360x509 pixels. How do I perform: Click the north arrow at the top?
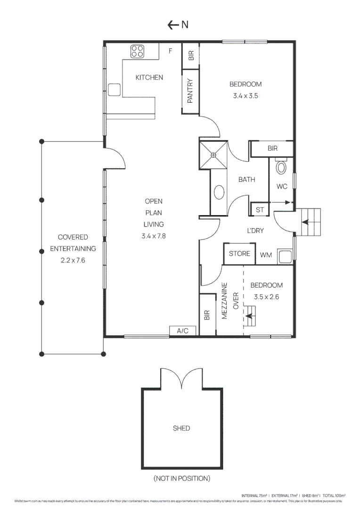178,25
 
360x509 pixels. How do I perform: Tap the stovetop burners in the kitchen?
138,51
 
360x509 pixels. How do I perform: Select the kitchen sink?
115,90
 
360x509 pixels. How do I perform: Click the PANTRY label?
190,90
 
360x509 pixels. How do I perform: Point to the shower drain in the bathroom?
213,155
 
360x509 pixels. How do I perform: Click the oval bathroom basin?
219,192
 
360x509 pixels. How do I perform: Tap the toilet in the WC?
281,167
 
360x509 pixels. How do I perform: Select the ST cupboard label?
260,210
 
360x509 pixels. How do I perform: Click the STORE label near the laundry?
239,254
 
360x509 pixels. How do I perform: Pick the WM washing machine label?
266,255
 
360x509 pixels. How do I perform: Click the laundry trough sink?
285,256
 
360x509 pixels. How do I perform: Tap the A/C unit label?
183,331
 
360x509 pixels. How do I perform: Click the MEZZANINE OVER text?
231,301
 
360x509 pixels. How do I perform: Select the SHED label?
181,428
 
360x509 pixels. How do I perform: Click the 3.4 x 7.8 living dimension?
154,236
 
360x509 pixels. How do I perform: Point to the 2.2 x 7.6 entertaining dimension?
73,260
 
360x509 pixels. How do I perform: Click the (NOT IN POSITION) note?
181,478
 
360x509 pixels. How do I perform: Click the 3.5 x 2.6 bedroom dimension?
266,297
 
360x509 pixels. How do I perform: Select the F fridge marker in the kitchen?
171,50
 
